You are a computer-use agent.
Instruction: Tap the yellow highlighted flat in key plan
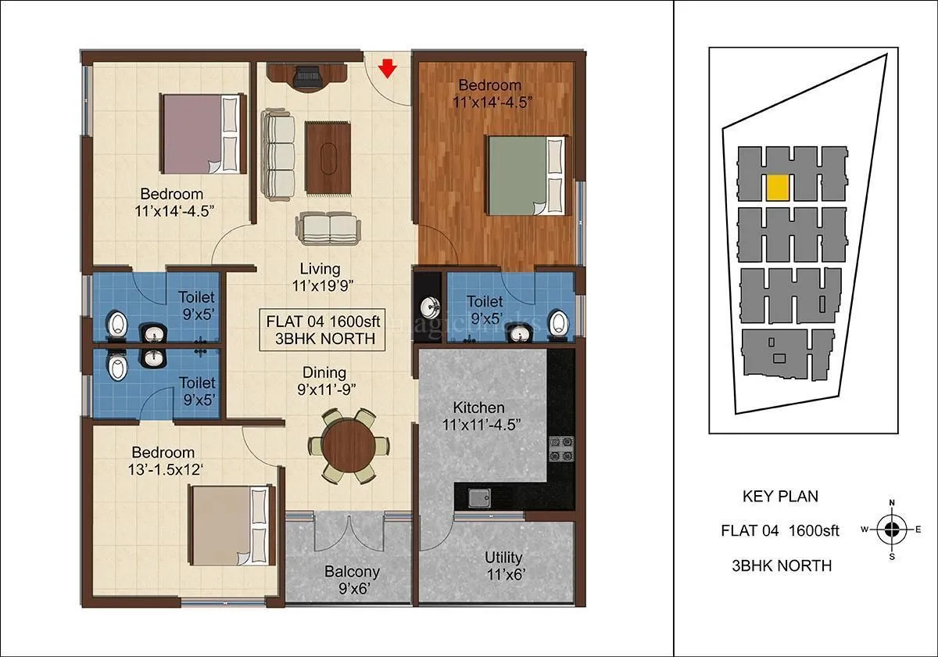(777, 188)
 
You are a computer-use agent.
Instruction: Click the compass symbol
(891, 530)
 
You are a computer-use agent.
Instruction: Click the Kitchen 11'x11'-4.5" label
(478, 415)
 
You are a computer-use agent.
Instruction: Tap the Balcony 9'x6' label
(352, 580)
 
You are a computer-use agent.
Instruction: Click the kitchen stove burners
(560, 448)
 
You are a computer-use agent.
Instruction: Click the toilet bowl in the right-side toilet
(558, 322)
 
